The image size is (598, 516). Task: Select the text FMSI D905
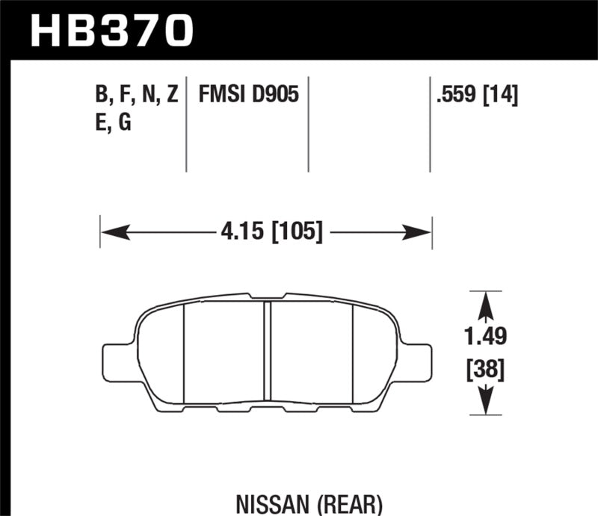(x=248, y=95)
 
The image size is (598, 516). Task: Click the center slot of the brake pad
(x=267, y=351)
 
